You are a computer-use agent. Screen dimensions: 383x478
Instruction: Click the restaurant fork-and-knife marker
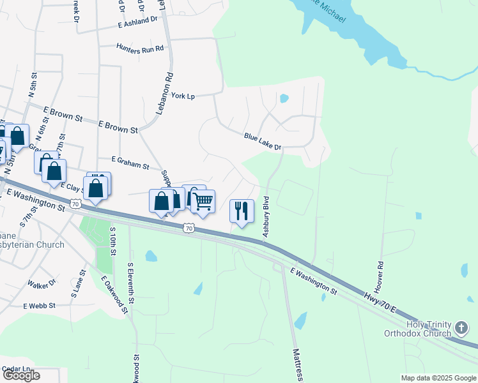[x=242, y=211]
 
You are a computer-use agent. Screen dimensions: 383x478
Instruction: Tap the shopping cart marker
[x=203, y=202]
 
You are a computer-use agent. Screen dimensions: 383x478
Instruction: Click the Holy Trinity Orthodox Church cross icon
[x=462, y=329]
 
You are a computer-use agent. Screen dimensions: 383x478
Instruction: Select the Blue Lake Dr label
[x=263, y=141]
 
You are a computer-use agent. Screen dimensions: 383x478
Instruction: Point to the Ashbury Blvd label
[x=266, y=218]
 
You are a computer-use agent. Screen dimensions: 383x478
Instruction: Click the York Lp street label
[x=183, y=96]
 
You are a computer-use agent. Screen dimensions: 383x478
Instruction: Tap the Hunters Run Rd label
[x=140, y=47]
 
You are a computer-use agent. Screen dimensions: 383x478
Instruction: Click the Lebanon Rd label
[x=165, y=93]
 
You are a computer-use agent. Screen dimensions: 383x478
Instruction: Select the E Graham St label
[x=130, y=163]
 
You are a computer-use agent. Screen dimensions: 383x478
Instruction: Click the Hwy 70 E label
[x=377, y=303]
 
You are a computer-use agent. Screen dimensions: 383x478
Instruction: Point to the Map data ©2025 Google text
[x=438, y=378]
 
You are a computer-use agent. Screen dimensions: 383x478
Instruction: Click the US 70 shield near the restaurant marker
[x=188, y=227]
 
